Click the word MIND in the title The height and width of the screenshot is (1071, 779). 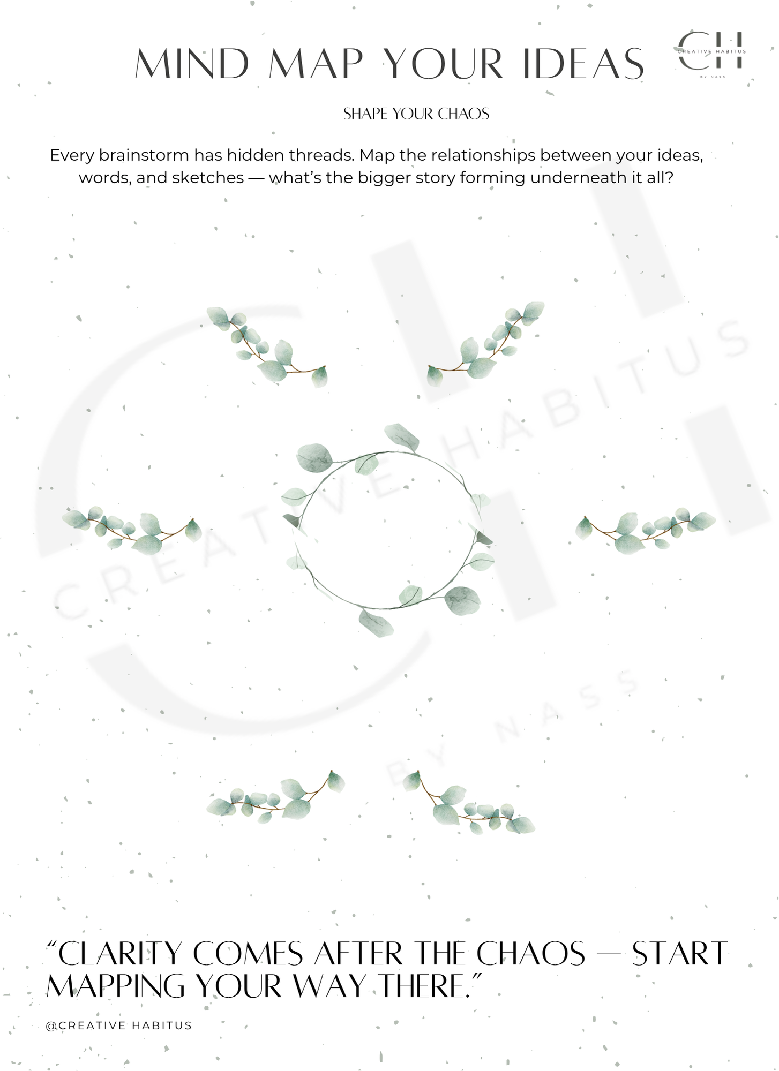[x=192, y=64]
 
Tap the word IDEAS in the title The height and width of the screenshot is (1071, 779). [x=583, y=64]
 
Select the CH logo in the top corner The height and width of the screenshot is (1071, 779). [x=711, y=52]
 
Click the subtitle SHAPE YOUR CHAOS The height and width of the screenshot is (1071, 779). [x=416, y=114]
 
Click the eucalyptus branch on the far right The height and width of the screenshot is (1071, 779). [x=645, y=530]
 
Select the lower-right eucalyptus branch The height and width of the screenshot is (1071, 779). [x=468, y=803]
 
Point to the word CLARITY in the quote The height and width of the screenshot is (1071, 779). [x=120, y=954]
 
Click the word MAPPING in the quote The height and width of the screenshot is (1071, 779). [x=116, y=986]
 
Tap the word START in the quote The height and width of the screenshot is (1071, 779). [x=679, y=954]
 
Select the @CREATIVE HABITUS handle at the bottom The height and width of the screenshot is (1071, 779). [x=119, y=1025]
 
